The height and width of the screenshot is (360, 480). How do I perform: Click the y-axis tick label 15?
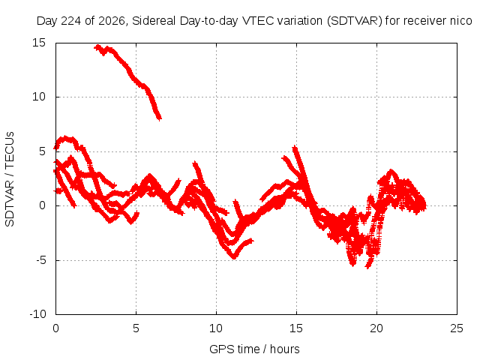39,43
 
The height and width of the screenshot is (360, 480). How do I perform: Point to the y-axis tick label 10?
39,97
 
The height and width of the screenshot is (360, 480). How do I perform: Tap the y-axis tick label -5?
40,260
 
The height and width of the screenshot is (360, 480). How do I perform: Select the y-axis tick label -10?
38,314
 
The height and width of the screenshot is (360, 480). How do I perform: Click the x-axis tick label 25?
457,328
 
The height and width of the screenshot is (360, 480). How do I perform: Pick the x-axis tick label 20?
376,328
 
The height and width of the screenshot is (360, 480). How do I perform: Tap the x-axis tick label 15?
296,328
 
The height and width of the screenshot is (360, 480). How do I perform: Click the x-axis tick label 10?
216,328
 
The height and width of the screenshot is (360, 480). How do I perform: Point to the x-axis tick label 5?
136,328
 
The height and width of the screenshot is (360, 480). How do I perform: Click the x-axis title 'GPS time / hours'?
254,349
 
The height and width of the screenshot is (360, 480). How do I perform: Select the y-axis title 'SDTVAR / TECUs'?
10,179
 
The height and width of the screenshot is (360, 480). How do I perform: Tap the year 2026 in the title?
112,21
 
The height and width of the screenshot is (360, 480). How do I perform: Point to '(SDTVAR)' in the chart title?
355,21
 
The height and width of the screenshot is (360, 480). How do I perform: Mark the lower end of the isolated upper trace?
160,118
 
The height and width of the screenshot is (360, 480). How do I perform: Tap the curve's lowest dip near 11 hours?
234,256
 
